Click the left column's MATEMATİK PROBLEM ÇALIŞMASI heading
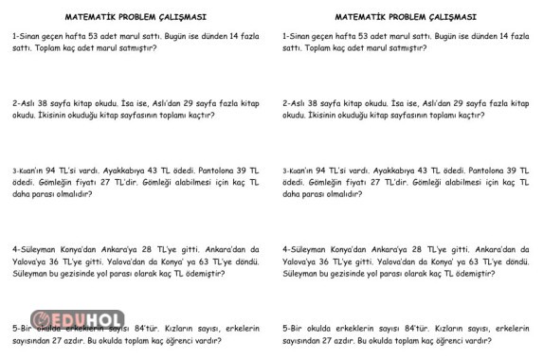coord(136,17)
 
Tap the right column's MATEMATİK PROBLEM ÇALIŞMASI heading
coord(406,17)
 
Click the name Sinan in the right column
coord(307,34)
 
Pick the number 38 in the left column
coord(48,102)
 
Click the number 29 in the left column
coord(183,102)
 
